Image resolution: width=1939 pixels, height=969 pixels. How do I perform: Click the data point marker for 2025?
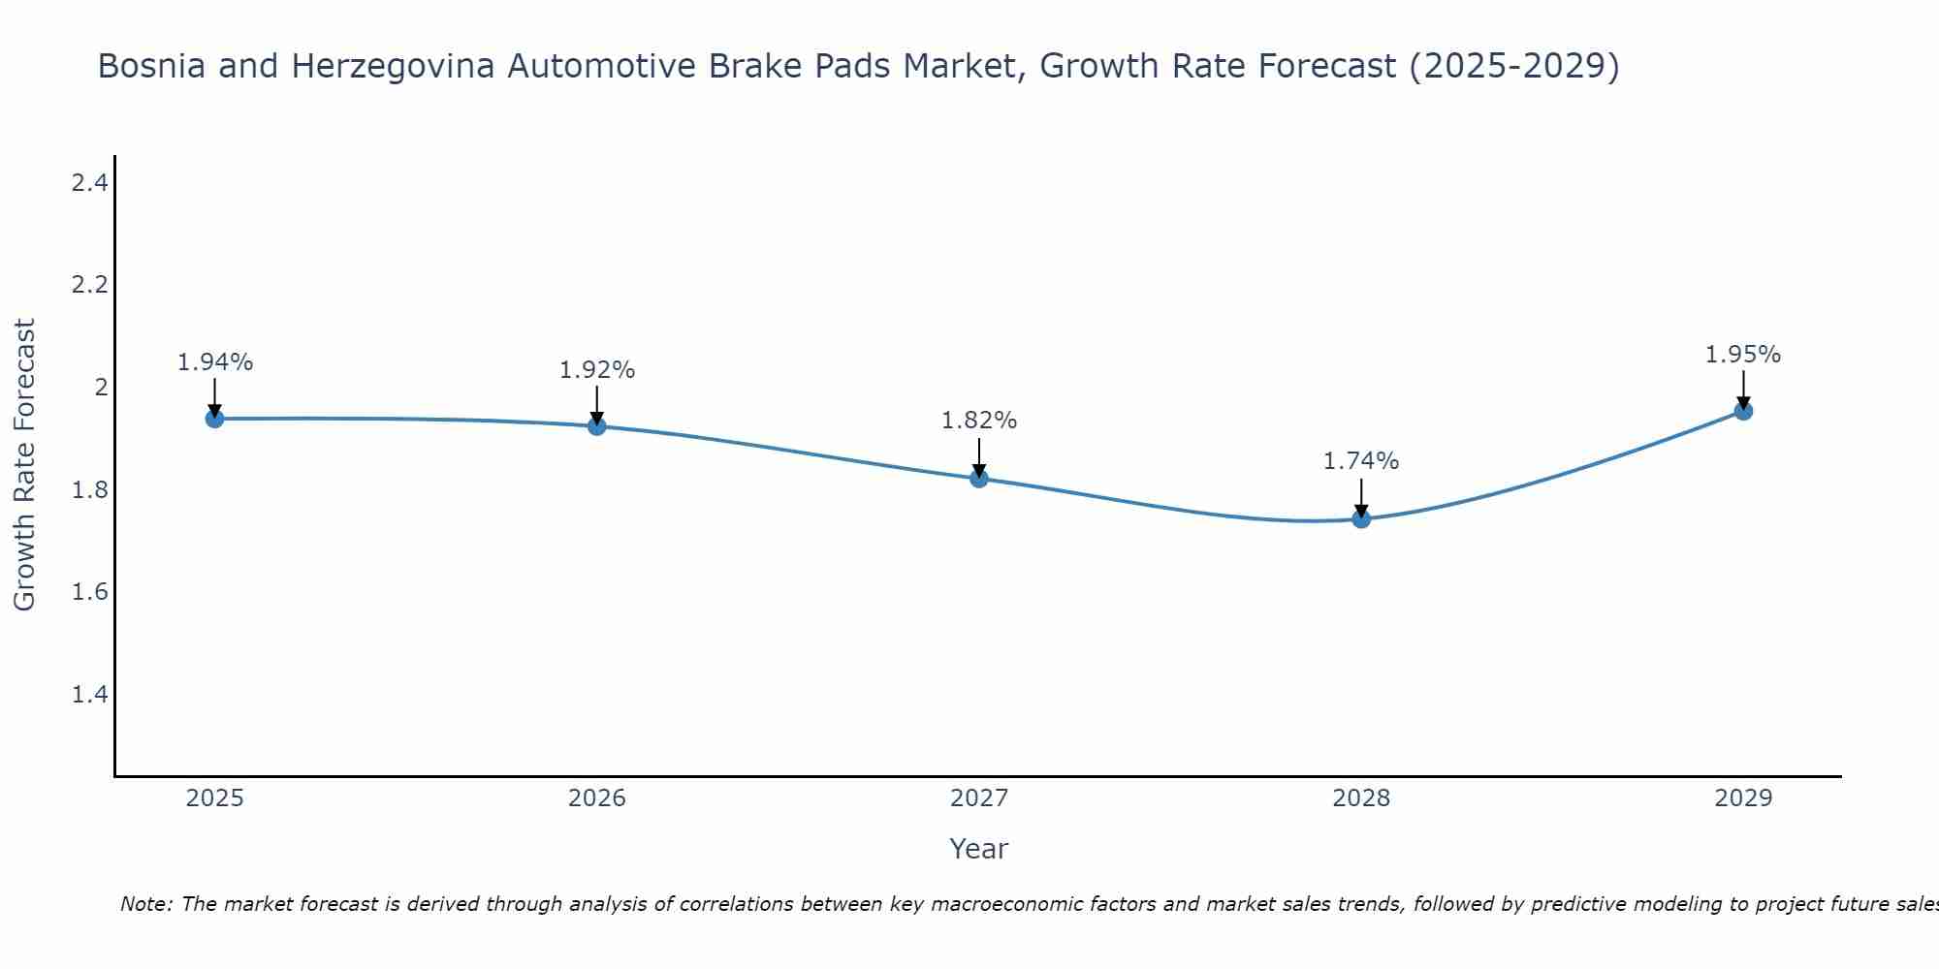point(214,419)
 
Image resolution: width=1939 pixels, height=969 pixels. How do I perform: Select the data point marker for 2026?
point(597,426)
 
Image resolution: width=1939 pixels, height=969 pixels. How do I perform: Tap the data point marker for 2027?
point(979,479)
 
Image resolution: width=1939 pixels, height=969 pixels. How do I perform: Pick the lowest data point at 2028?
point(1361,519)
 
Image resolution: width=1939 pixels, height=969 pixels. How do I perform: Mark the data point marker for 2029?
point(1743,411)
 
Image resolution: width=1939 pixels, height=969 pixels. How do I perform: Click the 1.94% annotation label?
point(214,362)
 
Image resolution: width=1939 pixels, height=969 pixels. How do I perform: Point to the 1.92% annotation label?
point(597,370)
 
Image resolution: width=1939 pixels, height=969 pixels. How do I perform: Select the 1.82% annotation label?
point(979,421)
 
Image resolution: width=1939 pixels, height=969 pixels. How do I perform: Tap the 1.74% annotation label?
point(1361,461)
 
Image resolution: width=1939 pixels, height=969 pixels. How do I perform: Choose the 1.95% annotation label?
point(1743,355)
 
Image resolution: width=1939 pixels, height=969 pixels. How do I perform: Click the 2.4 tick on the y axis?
point(89,182)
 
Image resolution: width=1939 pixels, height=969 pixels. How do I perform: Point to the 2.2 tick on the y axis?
point(89,285)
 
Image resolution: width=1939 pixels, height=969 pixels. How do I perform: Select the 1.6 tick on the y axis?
point(89,592)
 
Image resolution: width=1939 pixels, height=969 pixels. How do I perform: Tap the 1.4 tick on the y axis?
point(89,695)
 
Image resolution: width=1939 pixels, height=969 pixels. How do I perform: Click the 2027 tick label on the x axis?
point(979,798)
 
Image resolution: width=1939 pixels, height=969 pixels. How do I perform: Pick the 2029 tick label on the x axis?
point(1743,798)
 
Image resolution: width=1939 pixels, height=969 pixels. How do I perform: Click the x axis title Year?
point(979,849)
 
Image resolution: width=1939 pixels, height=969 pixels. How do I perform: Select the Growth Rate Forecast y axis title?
point(24,465)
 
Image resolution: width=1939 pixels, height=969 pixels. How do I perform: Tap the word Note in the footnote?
point(144,904)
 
